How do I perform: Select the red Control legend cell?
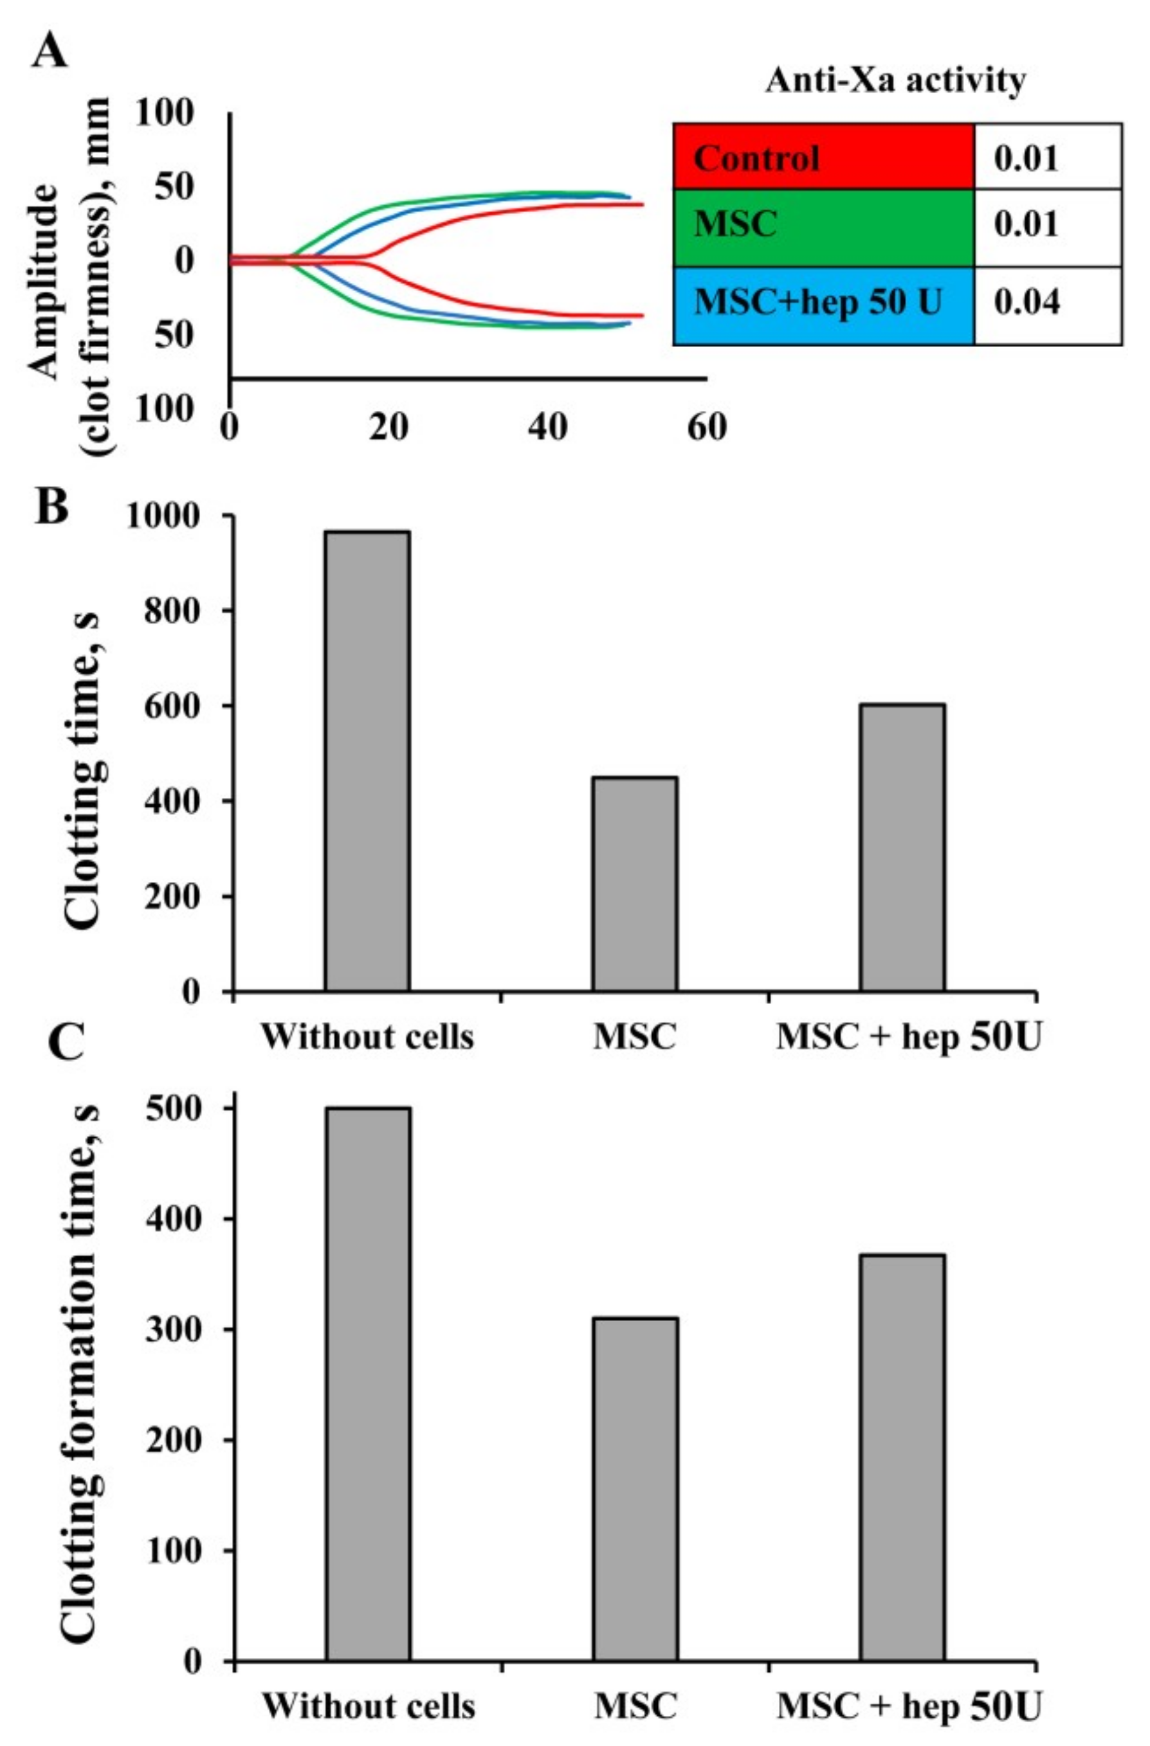point(823,156)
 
